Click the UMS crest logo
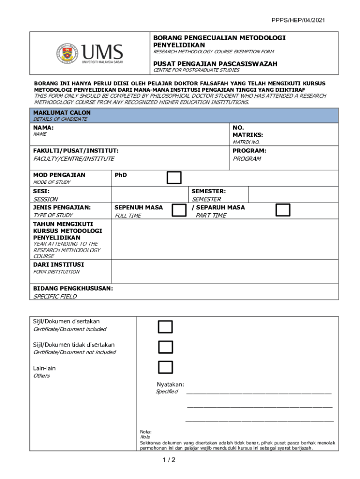coord(68,53)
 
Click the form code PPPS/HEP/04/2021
coord(298,20)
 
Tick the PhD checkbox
coord(174,178)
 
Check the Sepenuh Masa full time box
coord(179,210)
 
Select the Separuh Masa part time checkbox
coord(282,210)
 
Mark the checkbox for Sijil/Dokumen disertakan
coord(165,327)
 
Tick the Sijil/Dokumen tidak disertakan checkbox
coord(165,347)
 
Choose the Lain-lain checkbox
coord(165,368)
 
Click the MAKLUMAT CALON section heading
coord(62,113)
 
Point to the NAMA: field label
coord(43,128)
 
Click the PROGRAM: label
coord(249,151)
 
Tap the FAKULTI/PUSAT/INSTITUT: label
coord(75,151)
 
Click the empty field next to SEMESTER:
coord(293,195)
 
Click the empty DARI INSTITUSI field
coord(224,271)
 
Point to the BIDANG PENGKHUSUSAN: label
coord(72,289)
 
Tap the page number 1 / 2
coord(169,460)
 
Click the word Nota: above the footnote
coord(146,432)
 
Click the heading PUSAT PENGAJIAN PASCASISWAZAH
coord(215,64)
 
